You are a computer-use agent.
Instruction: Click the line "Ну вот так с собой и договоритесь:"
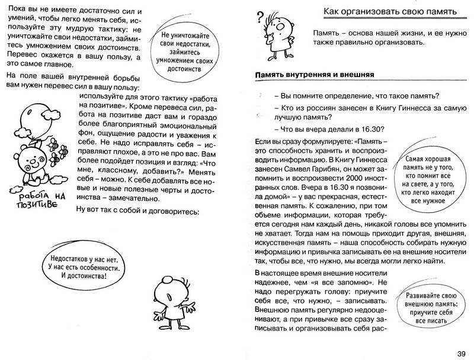pos(139,212)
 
